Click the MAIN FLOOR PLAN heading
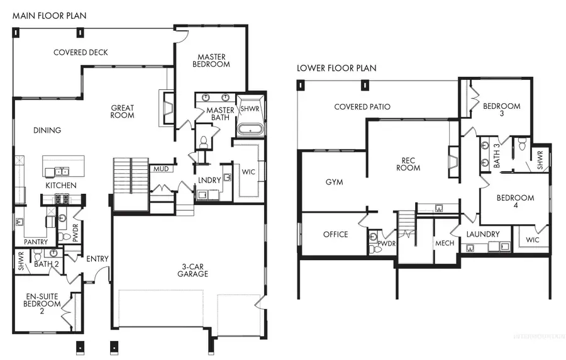point(50,14)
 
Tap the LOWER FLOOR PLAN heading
point(336,68)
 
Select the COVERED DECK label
point(80,52)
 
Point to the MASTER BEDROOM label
point(210,60)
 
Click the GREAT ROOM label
point(123,111)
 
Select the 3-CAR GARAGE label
point(192,270)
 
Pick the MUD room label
point(158,169)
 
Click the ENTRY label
point(97,258)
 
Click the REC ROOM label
point(408,164)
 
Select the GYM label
point(334,182)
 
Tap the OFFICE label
point(335,235)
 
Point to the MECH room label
point(445,243)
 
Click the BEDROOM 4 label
point(515,202)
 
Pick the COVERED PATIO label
point(362,107)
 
